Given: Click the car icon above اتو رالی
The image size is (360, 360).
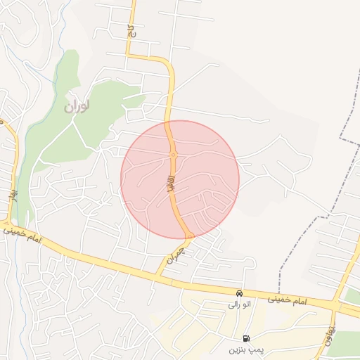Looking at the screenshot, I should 240,292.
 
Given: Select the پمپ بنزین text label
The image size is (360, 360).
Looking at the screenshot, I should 245,349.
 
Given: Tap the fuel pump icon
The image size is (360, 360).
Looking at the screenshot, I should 245,337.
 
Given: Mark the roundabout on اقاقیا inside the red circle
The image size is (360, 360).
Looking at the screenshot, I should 173,155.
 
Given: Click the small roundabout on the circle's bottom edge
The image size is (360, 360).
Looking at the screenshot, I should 189,236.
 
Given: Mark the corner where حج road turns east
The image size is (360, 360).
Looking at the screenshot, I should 130,55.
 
